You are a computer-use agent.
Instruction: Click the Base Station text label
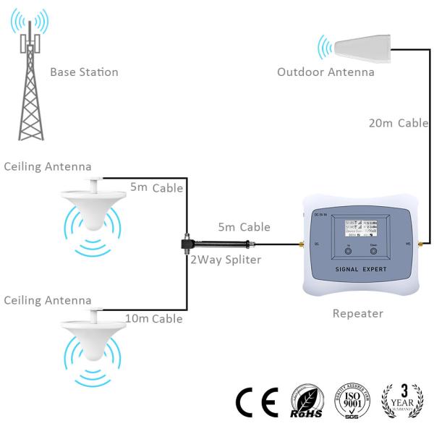coord(84,72)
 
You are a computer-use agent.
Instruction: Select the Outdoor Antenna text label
coord(325,72)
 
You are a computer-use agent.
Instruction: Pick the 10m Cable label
coord(155,318)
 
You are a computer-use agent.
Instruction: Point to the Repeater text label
coord(357,314)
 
